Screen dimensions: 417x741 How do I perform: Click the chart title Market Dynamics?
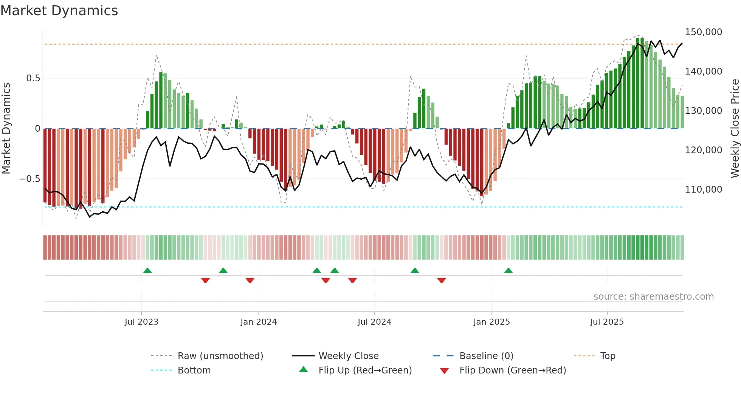click(x=59, y=11)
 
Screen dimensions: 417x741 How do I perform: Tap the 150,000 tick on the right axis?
click(x=703, y=32)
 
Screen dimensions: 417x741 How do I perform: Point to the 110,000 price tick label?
click(x=703, y=189)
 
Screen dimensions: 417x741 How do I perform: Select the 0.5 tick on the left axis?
click(x=33, y=78)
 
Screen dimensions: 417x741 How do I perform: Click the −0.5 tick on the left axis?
click(x=30, y=179)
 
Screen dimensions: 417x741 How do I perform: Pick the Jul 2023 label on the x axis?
click(x=141, y=322)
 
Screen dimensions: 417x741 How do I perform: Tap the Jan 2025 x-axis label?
click(x=491, y=322)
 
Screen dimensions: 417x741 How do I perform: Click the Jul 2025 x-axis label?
click(x=607, y=322)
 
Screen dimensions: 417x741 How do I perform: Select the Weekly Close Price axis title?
click(x=735, y=128)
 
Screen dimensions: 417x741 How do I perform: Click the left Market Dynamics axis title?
click(x=6, y=128)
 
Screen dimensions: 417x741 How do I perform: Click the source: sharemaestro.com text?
click(x=653, y=297)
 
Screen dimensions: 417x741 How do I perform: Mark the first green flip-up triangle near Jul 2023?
click(x=147, y=271)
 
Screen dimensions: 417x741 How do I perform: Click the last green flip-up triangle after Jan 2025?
click(x=508, y=271)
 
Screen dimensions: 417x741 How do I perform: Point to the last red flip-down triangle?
click(x=442, y=280)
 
